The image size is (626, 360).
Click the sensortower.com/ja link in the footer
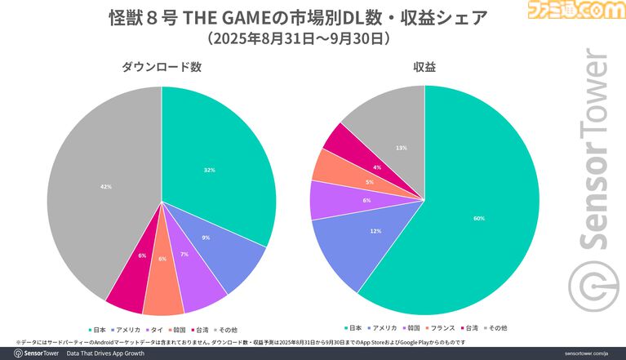[x=592, y=353]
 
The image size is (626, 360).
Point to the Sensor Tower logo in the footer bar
[x=33, y=353]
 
